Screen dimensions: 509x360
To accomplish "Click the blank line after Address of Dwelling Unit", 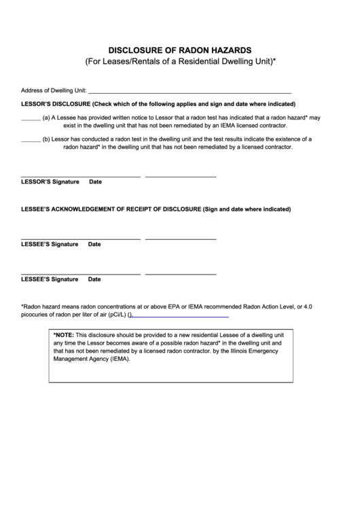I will tap(190, 91).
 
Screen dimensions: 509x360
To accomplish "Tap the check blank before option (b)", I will tap(31, 141).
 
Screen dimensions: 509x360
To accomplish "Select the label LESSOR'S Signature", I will tap(50, 182).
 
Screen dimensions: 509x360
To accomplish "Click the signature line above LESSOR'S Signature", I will tap(81, 176).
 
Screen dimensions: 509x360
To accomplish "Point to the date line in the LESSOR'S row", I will tap(181, 176).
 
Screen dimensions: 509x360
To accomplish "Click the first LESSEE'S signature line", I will tap(81, 239).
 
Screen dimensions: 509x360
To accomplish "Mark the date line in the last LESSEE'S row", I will tap(181, 273).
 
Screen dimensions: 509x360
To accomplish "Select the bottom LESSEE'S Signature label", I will tap(50, 279).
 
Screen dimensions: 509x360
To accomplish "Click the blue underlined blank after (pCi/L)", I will tap(181, 317).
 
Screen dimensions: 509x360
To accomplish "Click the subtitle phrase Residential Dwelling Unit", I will tap(221, 62).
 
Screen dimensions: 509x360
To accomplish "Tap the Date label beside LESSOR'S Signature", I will tap(95, 182).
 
